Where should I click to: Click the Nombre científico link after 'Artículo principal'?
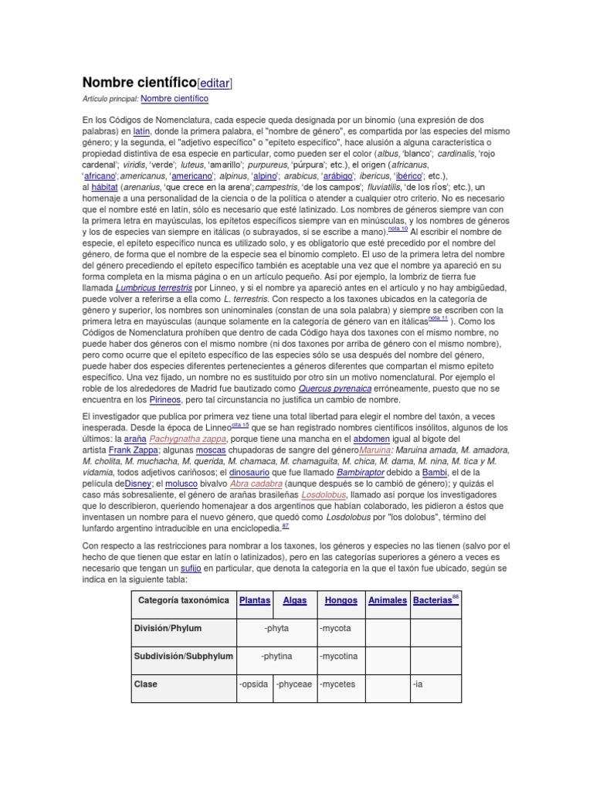point(175,100)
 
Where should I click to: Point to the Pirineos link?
point(164,399)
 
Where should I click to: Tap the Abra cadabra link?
point(233,484)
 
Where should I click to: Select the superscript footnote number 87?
point(286,525)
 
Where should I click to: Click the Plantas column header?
point(255,600)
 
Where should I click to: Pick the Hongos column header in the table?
point(341,600)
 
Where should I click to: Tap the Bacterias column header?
point(432,600)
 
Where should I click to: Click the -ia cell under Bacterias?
point(418,684)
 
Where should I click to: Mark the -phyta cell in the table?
point(276,629)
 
